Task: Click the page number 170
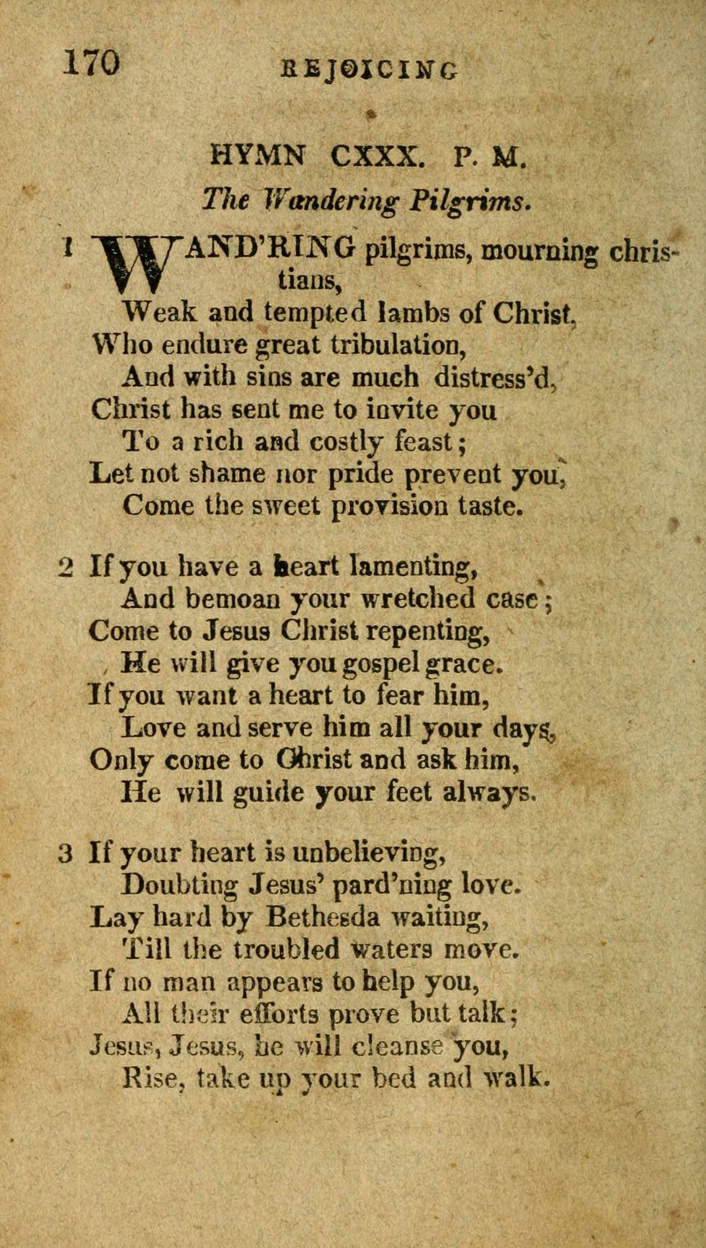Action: (x=91, y=63)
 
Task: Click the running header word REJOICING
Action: (x=370, y=70)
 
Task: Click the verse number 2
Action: (x=65, y=567)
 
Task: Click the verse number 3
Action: (x=65, y=853)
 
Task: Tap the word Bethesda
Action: (x=322, y=917)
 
